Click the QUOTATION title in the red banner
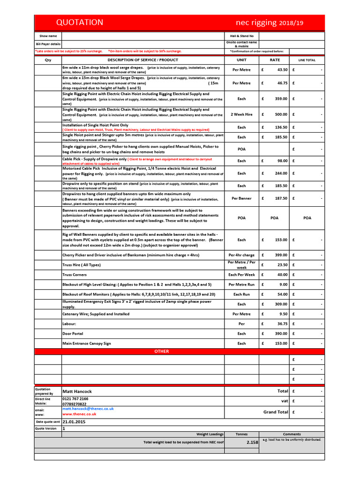(80, 22)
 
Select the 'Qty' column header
(48, 60)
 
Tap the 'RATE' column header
(275, 60)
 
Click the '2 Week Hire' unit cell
(241, 114)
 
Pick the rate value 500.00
(281, 114)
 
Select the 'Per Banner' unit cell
(241, 198)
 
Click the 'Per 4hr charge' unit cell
(241, 255)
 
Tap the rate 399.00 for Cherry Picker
(281, 255)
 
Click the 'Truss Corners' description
(75, 275)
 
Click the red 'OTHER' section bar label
(162, 351)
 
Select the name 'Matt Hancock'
(77, 391)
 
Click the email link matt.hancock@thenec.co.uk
(88, 409)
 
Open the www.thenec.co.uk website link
(79, 414)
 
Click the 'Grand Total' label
(276, 412)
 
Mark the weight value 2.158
(252, 442)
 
